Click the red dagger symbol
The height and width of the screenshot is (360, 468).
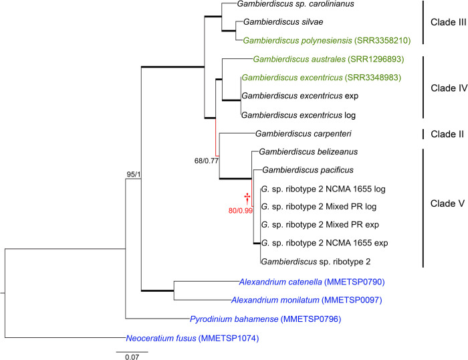pyautogui.click(x=247, y=197)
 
